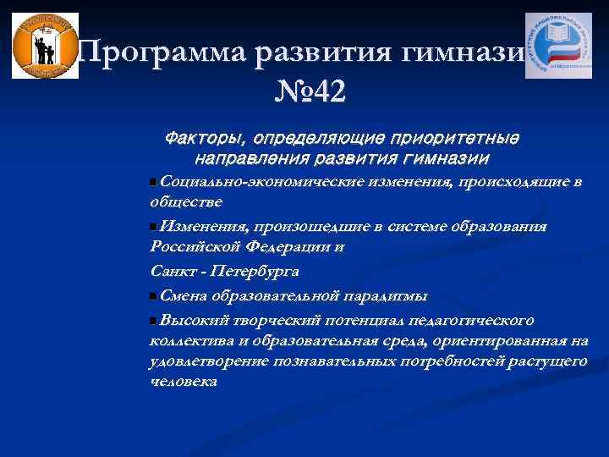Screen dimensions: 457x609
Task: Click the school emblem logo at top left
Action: coord(46,46)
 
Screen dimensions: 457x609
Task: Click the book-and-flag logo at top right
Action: coord(558,46)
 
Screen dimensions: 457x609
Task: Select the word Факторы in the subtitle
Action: coord(203,137)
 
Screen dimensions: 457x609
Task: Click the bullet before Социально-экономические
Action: coord(152,182)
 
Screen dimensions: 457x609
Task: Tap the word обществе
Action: coord(186,202)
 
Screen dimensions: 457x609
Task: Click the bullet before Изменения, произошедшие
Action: coord(152,227)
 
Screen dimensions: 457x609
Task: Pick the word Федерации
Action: coord(289,247)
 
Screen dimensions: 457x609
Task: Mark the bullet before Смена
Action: coord(152,296)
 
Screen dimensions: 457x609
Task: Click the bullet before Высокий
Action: coord(152,321)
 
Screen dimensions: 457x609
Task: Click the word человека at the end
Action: coord(183,382)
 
